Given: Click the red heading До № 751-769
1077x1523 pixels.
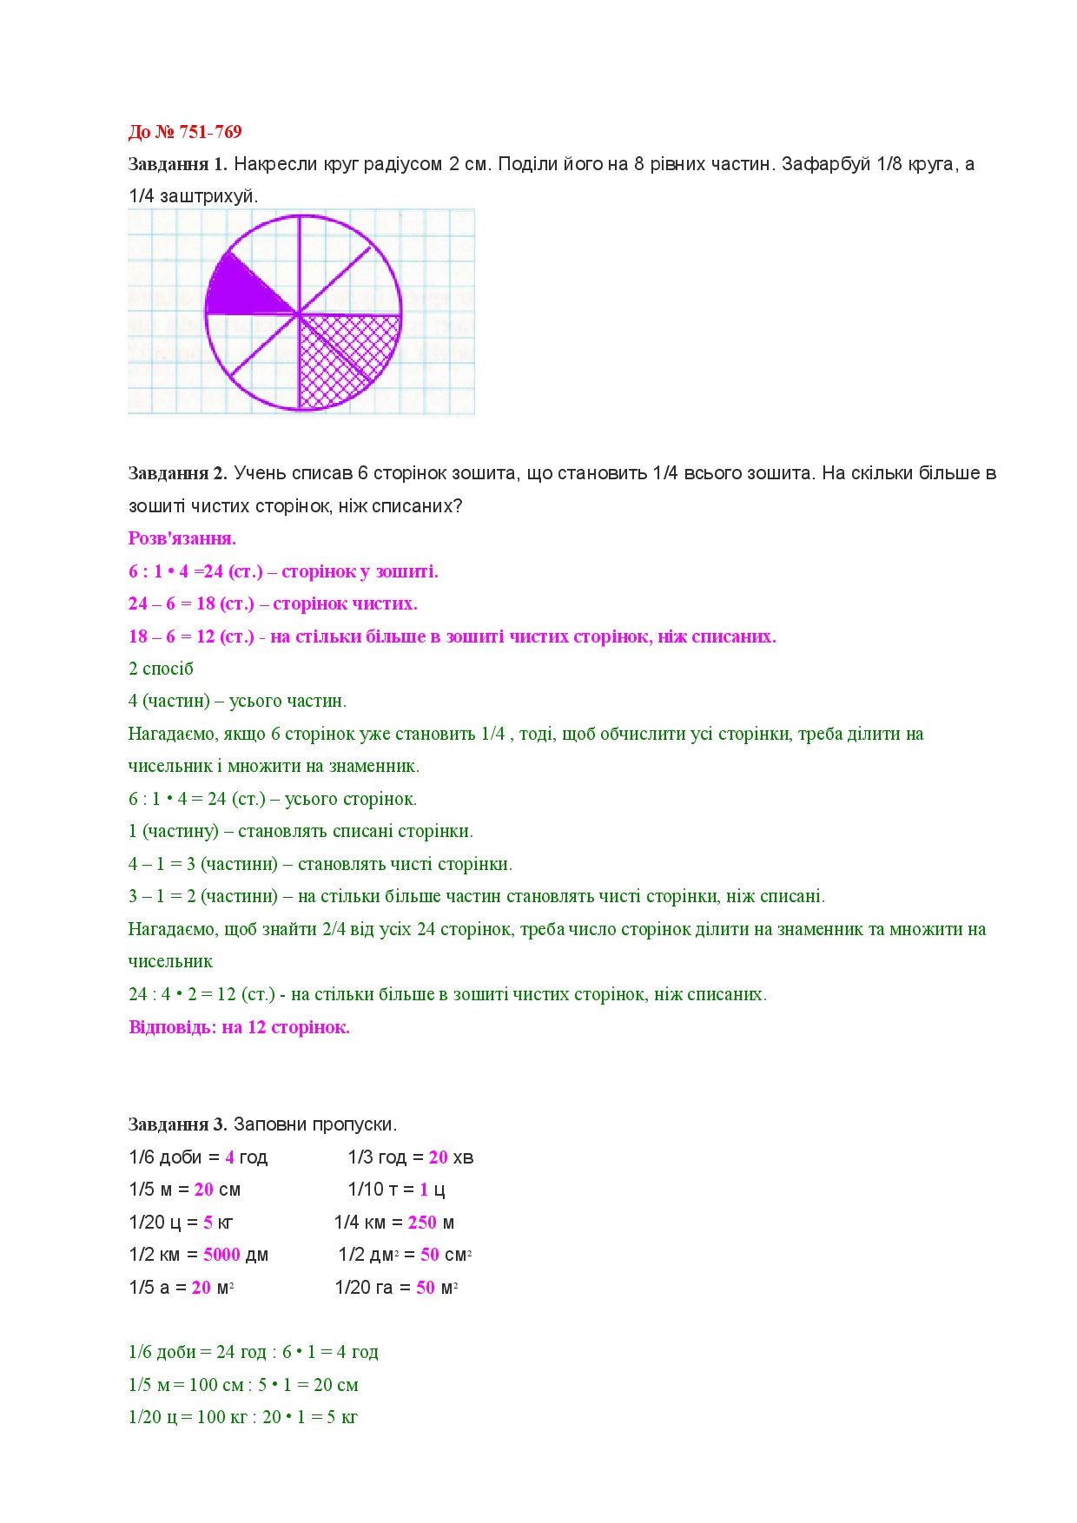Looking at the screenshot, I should pos(185,132).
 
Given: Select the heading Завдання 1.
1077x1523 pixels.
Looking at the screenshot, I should pos(177,164).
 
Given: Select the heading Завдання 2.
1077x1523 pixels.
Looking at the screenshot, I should pos(177,473).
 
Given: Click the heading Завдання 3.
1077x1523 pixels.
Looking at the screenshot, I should pos(177,1124).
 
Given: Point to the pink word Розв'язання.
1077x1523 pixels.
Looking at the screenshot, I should pos(182,538).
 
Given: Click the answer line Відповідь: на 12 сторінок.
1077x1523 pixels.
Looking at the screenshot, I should pos(239,1027).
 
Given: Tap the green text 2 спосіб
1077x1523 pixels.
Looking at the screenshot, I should pos(161,669).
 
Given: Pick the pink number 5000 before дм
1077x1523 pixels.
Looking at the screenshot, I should pos(221,1255).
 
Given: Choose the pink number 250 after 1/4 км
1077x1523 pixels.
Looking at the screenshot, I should pos(422,1223).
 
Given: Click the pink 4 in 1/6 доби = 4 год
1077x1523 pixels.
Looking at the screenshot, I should pos(229,1157).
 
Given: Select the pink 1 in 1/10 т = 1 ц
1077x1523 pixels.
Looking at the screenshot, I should pos(424,1190).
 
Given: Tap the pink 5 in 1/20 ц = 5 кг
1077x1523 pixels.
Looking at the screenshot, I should pos(208,1223).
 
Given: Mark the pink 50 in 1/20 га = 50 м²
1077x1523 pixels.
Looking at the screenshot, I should pos(426,1288).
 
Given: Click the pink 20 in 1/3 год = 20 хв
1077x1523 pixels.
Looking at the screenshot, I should pos(438,1157).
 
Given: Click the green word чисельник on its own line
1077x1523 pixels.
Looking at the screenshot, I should pos(170,962).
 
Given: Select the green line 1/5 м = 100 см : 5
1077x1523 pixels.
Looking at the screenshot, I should pos(243,1385).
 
